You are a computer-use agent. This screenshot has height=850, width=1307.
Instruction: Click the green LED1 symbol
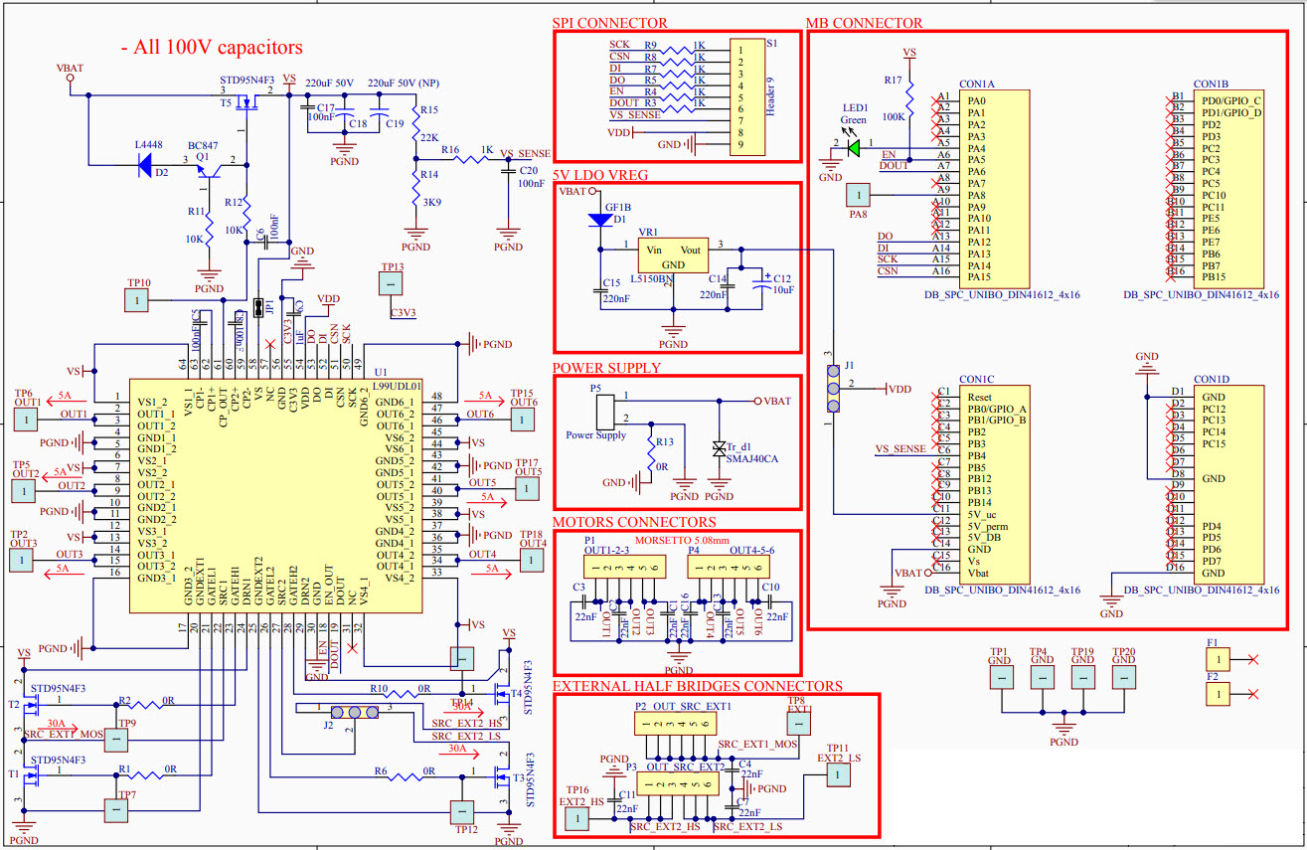[x=854, y=144]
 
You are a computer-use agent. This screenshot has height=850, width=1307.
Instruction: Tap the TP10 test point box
[x=136, y=299]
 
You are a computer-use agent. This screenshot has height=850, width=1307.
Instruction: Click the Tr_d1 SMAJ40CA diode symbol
[x=719, y=448]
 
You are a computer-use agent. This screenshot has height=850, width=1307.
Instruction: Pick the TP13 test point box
[x=392, y=284]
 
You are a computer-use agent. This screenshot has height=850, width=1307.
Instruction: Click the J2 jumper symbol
[x=353, y=713]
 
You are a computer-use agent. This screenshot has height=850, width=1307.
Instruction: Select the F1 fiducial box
[x=1219, y=658]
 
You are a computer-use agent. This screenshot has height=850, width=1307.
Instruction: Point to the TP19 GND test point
[x=1082, y=675]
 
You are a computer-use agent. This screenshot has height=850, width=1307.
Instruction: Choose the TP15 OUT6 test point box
[x=522, y=420]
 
